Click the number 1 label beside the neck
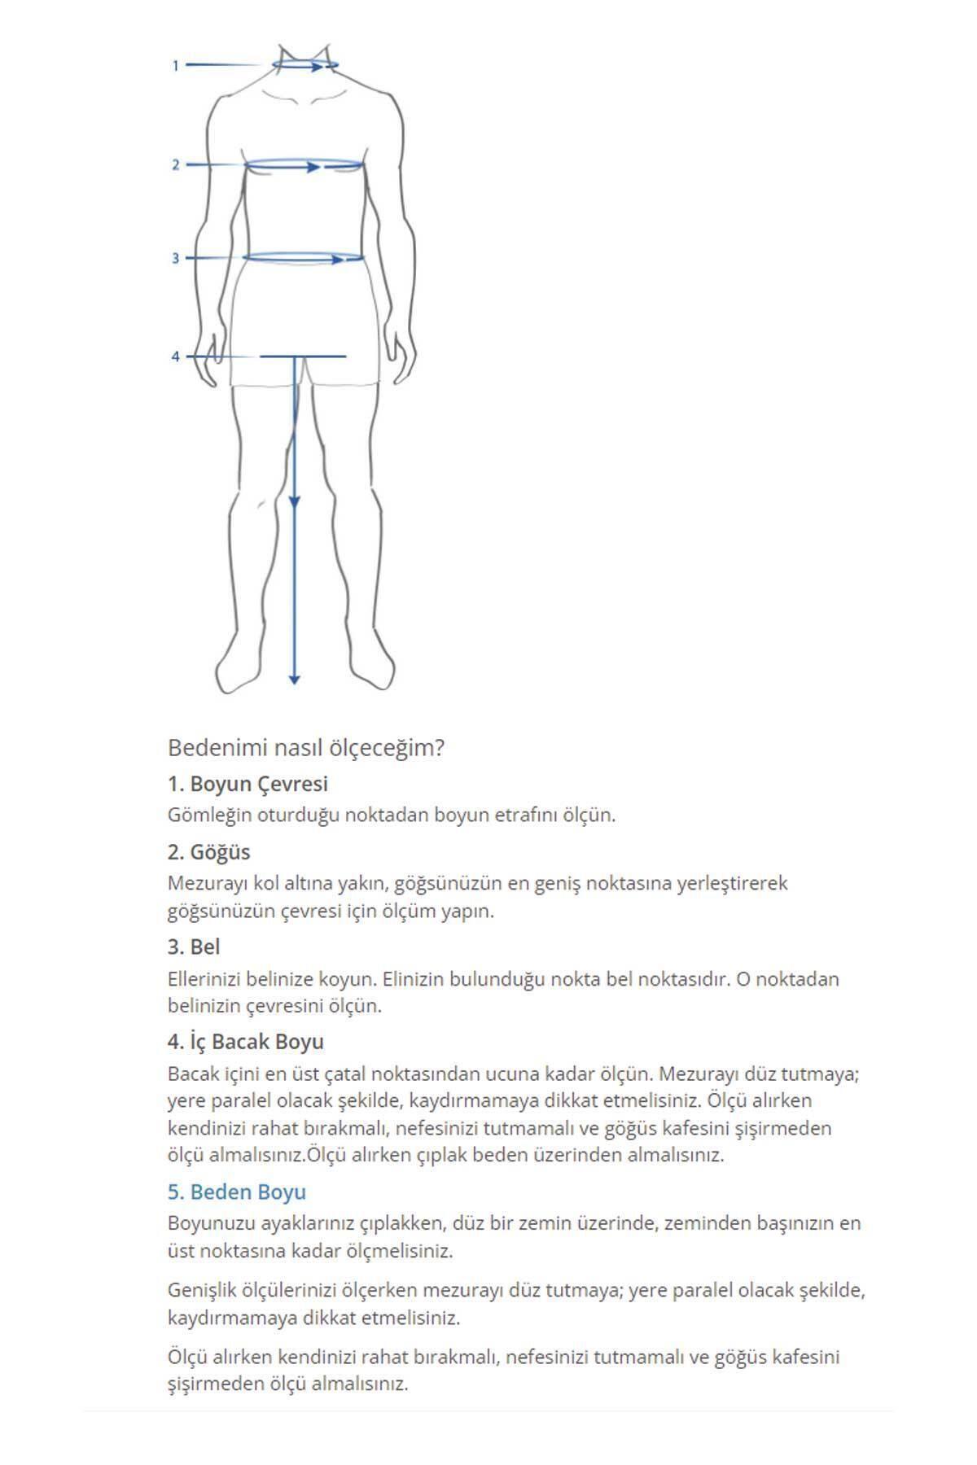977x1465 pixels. pos(175,65)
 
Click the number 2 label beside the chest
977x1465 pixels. pos(175,165)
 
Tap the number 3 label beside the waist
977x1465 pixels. pos(175,258)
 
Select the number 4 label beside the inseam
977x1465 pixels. pos(175,356)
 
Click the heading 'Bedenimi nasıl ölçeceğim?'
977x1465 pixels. pos(305,747)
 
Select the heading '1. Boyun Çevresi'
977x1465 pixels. pos(248,784)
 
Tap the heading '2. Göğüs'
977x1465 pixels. pos(208,852)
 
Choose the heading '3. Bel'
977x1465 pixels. pos(194,947)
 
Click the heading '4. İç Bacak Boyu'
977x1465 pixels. pos(245,1042)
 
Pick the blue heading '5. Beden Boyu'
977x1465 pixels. pos(236,1192)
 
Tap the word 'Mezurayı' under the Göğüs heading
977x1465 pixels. pos(203,883)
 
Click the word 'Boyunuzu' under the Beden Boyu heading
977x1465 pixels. pos(206,1222)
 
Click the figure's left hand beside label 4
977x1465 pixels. pos(211,354)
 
